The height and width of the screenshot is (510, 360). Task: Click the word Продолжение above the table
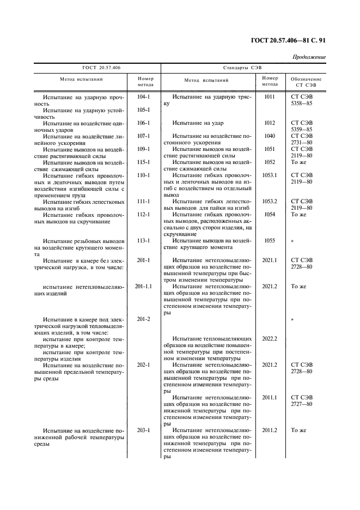309,57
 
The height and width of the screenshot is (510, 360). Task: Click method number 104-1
143,96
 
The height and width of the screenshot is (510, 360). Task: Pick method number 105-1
143,110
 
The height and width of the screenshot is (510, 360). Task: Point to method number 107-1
143,136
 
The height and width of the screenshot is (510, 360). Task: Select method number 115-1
143,162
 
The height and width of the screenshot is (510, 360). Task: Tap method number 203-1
143,430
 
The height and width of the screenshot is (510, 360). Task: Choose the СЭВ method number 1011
270,96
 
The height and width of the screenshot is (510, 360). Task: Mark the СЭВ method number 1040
270,136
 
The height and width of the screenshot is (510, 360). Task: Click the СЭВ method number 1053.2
270,201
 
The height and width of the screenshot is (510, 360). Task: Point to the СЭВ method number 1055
270,240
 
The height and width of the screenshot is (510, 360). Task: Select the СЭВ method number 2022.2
270,338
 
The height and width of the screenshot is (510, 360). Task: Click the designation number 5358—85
301,103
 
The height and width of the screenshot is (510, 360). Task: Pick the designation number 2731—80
301,142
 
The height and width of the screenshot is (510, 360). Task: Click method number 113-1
143,240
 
